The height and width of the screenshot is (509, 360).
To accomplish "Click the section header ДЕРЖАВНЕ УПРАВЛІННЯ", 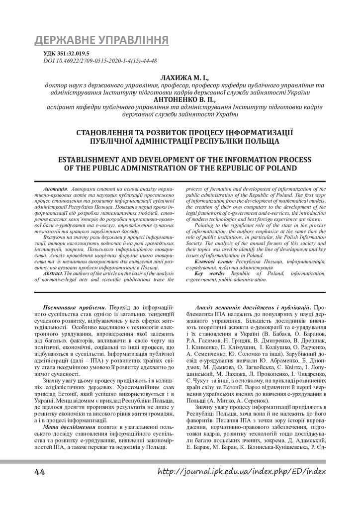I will point(101,40).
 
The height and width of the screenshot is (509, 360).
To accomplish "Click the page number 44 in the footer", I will point(40,471).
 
